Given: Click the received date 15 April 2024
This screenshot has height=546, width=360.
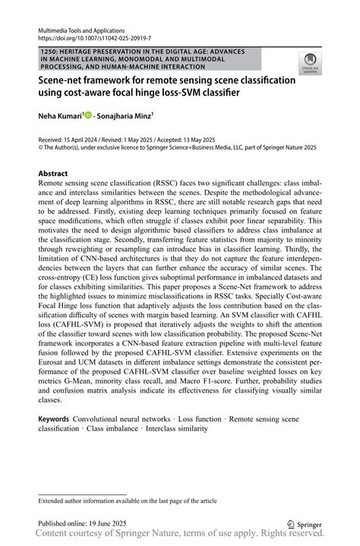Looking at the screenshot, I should point(85,140).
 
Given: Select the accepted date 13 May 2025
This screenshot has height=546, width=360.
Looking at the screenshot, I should point(200,140).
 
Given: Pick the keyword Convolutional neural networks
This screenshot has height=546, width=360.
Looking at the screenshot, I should point(122,419).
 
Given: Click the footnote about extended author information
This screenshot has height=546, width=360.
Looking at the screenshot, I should point(127,501).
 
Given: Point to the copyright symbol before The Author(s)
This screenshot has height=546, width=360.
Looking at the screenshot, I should point(41,148).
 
